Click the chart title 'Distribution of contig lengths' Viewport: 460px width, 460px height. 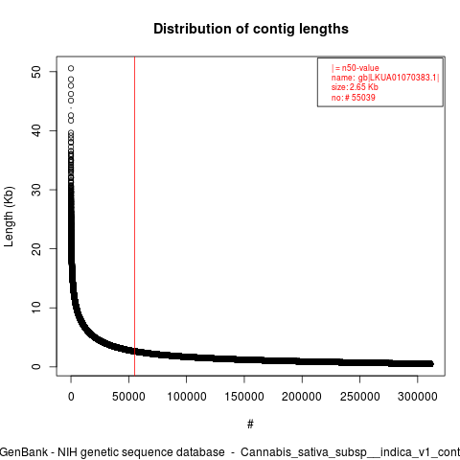point(251,29)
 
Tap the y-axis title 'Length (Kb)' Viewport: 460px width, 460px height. point(9,217)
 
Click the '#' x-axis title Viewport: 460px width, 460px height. point(250,425)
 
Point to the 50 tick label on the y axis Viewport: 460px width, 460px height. point(36,72)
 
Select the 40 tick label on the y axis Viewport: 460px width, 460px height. point(36,130)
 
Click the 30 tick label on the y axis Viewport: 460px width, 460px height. point(36,190)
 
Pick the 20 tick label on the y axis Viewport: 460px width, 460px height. point(36,249)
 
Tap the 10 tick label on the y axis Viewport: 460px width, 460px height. point(36,308)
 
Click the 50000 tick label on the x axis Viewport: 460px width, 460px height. point(128,397)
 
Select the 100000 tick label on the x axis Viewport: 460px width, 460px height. point(187,397)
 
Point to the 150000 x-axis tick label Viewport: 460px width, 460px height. point(244,397)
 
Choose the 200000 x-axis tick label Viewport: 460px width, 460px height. point(302,397)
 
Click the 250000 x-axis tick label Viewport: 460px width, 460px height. point(359,397)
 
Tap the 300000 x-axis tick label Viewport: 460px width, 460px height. point(418,397)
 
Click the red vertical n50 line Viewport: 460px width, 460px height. point(135,217)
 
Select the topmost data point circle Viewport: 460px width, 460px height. point(71,68)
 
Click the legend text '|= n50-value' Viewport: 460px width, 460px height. point(356,68)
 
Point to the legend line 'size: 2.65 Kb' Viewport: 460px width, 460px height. point(355,87)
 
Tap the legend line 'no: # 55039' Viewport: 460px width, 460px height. point(353,97)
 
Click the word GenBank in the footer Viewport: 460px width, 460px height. point(23,452)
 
